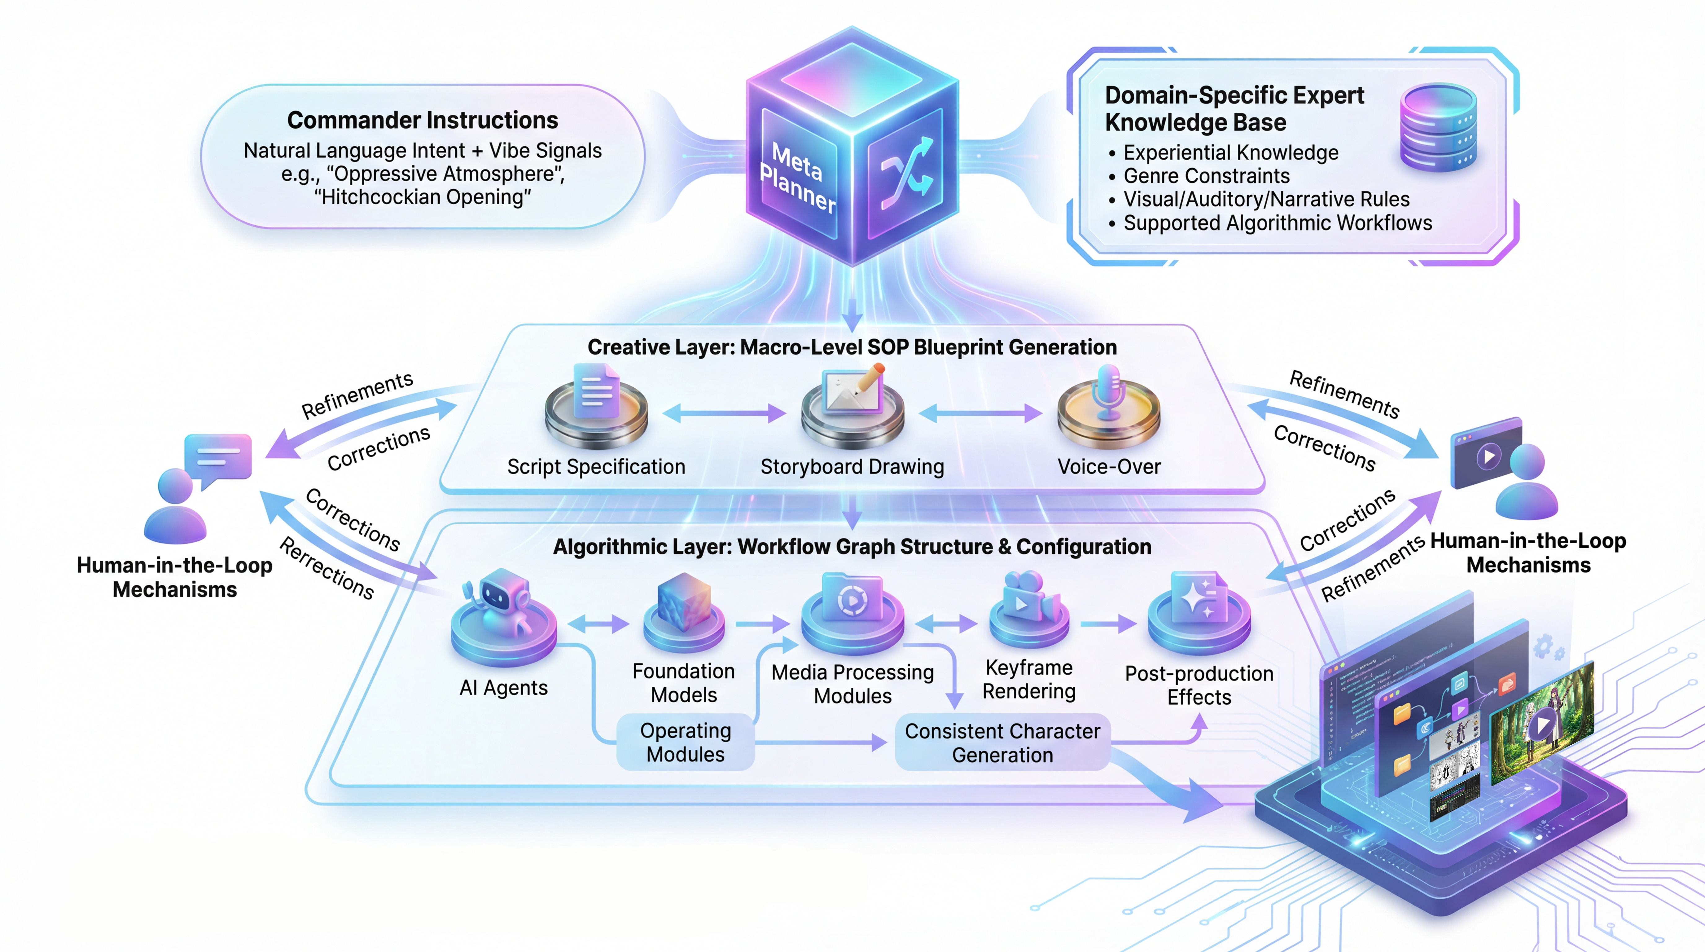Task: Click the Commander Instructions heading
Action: [x=422, y=121]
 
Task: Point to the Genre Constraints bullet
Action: [x=1206, y=176]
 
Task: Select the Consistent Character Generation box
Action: [x=1002, y=743]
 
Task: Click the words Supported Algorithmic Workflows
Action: [x=1278, y=223]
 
